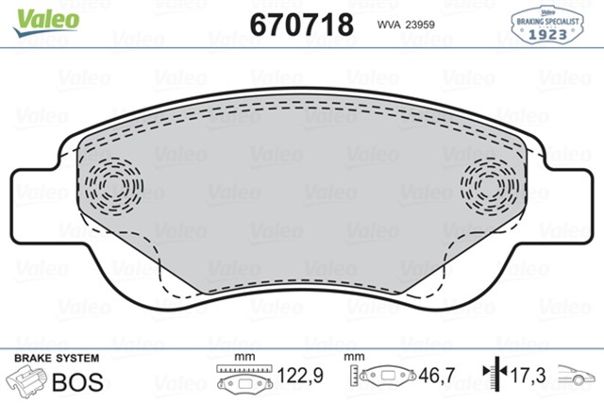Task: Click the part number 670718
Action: coord(302,22)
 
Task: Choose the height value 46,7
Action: coord(438,376)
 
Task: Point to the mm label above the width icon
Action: coord(244,358)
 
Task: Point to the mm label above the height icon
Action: coord(355,358)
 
